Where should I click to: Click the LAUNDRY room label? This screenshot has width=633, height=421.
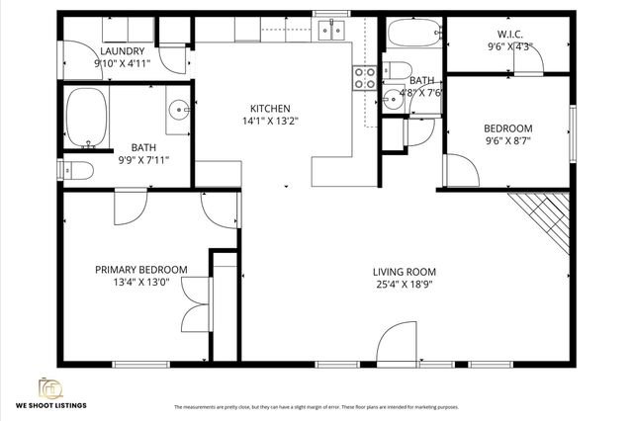(122, 51)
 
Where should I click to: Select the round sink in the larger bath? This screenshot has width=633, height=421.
(177, 110)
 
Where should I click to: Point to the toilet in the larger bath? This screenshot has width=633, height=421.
(78, 169)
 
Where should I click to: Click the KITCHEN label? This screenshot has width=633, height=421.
(269, 108)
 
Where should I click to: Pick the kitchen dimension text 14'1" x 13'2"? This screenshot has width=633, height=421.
(269, 121)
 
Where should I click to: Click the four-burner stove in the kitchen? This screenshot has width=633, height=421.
(364, 76)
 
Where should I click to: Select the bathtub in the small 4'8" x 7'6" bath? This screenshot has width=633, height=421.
(411, 36)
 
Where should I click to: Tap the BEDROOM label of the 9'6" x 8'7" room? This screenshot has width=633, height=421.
(507, 128)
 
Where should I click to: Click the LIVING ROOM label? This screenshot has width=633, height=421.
(404, 272)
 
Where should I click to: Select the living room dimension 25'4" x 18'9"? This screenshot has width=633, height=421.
(404, 285)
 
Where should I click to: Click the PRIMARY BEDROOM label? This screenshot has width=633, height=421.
(140, 269)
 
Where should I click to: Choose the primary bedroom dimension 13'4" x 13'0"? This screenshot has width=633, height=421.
(140, 282)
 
